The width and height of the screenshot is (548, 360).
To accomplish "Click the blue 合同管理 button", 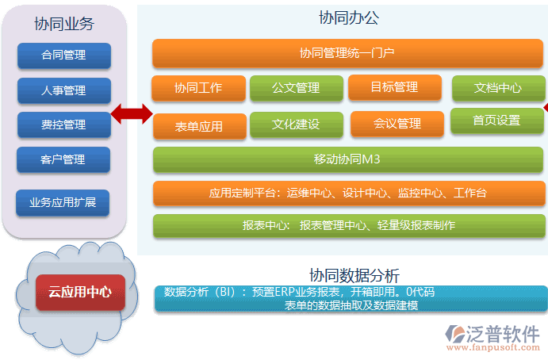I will click(63, 56).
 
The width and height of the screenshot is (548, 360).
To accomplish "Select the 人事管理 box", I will click(63, 90).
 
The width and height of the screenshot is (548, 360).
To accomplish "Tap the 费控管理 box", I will click(63, 125).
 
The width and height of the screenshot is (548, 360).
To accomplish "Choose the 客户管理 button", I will click(63, 159).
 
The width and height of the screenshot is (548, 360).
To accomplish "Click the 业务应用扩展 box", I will click(63, 202).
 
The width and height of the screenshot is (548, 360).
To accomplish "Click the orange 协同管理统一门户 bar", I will click(347, 54).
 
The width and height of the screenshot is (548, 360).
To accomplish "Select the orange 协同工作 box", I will click(197, 88).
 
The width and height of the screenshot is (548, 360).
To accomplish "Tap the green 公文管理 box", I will click(296, 88).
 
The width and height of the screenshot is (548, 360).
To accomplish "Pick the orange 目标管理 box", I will click(394, 87).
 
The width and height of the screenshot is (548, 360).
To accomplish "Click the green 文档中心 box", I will click(497, 88).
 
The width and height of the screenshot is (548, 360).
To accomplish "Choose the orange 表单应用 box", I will click(198, 126).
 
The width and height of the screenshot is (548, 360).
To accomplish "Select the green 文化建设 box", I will click(296, 124).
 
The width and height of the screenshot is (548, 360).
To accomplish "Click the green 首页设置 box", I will click(496, 121).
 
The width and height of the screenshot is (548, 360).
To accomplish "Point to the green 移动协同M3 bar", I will click(347, 160).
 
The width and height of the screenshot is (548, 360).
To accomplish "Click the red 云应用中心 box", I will click(80, 292).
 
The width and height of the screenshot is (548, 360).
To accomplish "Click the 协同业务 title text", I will click(64, 24).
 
